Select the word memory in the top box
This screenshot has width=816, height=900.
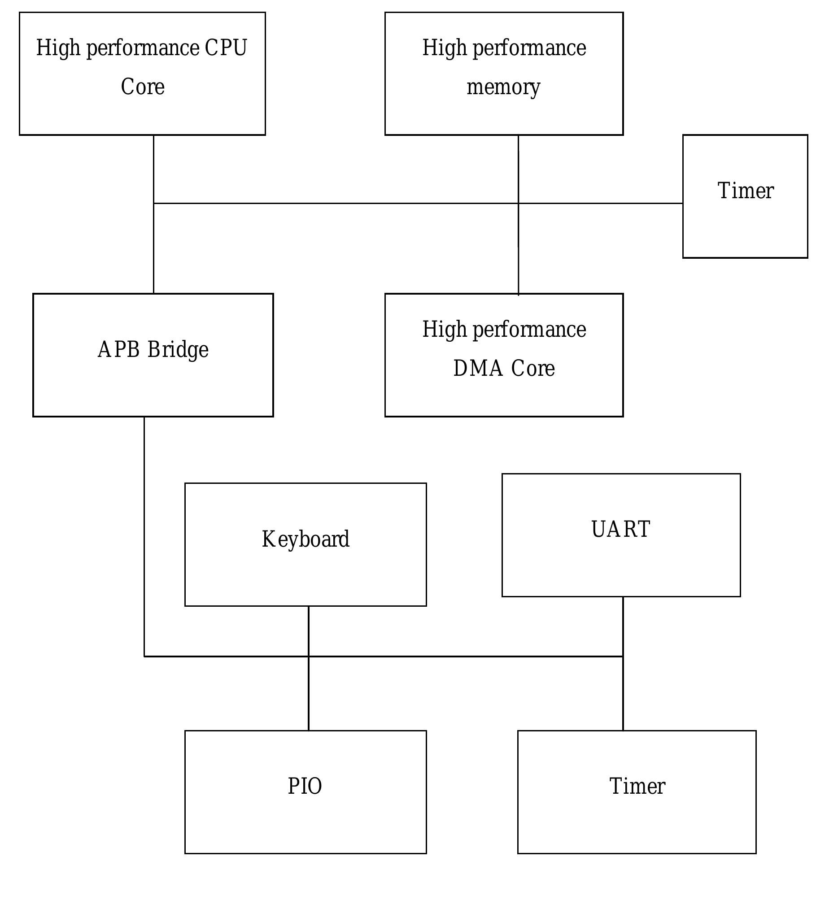coord(503,87)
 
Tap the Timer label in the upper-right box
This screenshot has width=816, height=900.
coord(746,191)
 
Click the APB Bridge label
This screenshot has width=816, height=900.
coord(153,350)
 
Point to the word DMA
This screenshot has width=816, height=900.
coord(478,369)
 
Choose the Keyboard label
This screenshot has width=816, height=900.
coord(305,539)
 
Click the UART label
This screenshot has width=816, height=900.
coord(621,530)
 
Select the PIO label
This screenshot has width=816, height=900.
coord(305,787)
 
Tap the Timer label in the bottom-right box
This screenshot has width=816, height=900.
coord(637,787)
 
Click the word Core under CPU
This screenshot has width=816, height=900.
coord(143,87)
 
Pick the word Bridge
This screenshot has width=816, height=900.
coord(178,350)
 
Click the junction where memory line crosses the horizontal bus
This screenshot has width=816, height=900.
coord(519,204)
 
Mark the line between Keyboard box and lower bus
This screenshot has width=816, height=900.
coord(309,631)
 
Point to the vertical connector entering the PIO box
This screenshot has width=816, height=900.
coord(309,695)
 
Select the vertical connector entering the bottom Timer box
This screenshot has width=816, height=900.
coord(623,695)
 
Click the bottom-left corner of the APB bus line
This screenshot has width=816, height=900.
coord(144,657)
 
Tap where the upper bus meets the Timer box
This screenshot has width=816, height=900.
coord(682,204)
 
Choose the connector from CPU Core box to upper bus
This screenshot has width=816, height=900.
coord(154,169)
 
